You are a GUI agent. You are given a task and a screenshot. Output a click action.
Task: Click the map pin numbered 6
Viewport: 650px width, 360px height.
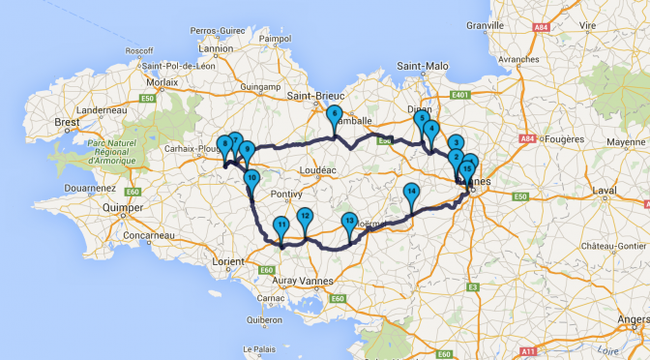(334, 115)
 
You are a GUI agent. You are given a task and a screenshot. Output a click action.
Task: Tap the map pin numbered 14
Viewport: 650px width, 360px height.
(411, 193)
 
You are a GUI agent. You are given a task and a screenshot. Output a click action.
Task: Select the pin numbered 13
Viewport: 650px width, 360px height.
(349, 223)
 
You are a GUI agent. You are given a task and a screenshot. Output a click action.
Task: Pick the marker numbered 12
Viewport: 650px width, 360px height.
(305, 218)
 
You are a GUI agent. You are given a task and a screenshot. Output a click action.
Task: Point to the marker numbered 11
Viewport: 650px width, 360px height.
(281, 227)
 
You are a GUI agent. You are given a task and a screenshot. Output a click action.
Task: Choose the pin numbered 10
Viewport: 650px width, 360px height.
(251, 179)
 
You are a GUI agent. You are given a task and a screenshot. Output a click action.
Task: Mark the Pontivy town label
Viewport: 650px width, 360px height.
(275, 194)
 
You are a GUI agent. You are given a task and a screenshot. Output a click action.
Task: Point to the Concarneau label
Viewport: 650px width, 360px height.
(139, 235)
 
